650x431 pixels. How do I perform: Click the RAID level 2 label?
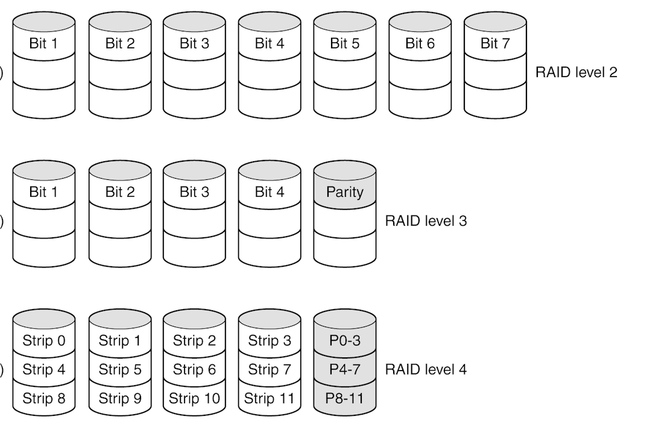click(x=576, y=72)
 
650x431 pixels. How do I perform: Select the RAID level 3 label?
click(x=426, y=221)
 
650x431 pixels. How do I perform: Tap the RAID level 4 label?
click(x=426, y=369)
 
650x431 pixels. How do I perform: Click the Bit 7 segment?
click(x=495, y=43)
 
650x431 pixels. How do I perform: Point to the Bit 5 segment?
click(x=344, y=43)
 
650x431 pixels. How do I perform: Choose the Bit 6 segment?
click(x=420, y=43)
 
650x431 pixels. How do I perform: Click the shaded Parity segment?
click(x=344, y=192)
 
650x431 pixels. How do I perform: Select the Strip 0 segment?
click(x=44, y=340)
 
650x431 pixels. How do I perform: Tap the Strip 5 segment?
click(x=119, y=369)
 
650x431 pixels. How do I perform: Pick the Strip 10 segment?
click(x=194, y=398)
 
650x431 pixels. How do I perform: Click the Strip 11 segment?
click(x=270, y=398)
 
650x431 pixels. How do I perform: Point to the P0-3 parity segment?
click(x=344, y=340)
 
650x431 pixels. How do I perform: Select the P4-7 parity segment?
click(x=344, y=369)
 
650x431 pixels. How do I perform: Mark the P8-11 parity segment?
click(x=344, y=398)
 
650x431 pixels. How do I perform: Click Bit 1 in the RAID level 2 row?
click(x=44, y=43)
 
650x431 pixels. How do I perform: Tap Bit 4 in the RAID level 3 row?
click(x=270, y=192)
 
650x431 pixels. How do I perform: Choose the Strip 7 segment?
click(x=270, y=369)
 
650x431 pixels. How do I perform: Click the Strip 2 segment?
click(x=194, y=340)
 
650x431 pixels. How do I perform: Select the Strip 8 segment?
click(x=44, y=398)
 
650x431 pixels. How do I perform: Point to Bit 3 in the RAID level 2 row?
click(x=194, y=43)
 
